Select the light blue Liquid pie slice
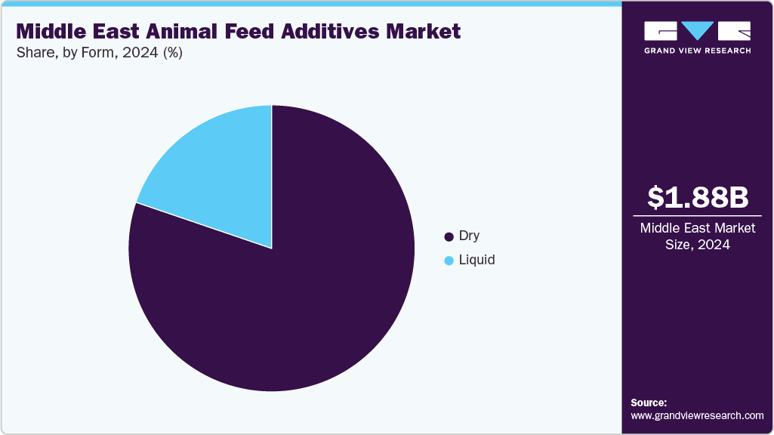219,166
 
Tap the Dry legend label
469,236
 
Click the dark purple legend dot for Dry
449,236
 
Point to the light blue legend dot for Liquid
449,261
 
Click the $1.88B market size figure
698,197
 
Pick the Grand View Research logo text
697,51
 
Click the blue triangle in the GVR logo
698,30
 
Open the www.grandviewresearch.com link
697,415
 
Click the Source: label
649,403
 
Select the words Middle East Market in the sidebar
698,228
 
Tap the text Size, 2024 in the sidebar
698,245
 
